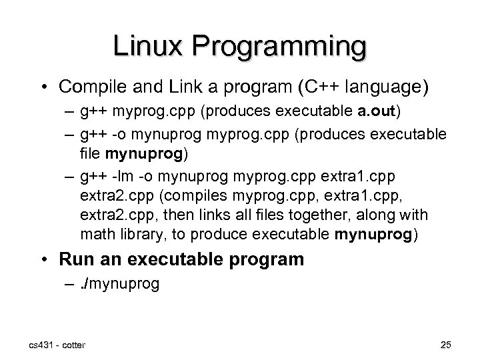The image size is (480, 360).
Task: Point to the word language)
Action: click(384, 87)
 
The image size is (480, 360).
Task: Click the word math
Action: click(96, 235)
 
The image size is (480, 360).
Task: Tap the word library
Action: click(139, 235)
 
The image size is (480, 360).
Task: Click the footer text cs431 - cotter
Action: click(56, 344)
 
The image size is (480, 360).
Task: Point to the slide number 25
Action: click(446, 345)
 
